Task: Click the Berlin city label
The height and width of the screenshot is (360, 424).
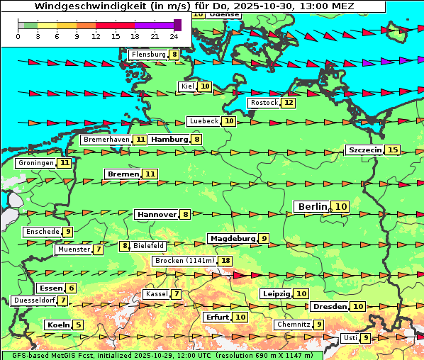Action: coord(312,206)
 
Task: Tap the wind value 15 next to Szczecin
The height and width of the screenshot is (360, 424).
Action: coord(393,150)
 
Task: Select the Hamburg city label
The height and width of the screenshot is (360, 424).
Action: coord(169,140)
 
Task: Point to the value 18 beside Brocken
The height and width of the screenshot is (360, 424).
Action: coord(225,261)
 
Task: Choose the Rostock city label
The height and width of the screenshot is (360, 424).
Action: coord(264,103)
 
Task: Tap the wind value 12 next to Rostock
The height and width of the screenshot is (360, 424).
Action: coord(288,103)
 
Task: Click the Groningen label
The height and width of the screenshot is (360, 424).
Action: coord(36,163)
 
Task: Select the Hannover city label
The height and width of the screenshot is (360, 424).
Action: coord(156,214)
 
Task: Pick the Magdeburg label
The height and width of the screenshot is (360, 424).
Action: coord(232,238)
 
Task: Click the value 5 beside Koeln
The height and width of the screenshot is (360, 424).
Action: coord(78,325)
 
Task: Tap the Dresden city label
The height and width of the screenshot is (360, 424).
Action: coord(329,307)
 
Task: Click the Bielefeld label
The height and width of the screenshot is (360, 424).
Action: coord(149,246)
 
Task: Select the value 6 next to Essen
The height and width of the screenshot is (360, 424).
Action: coord(71,288)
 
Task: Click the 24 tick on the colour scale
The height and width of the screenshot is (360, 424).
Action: coord(174,35)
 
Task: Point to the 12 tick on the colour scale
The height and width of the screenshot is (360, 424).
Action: coord(96,35)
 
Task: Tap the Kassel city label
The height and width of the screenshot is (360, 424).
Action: coord(155,294)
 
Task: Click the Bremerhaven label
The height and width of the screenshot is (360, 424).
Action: coord(106,140)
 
